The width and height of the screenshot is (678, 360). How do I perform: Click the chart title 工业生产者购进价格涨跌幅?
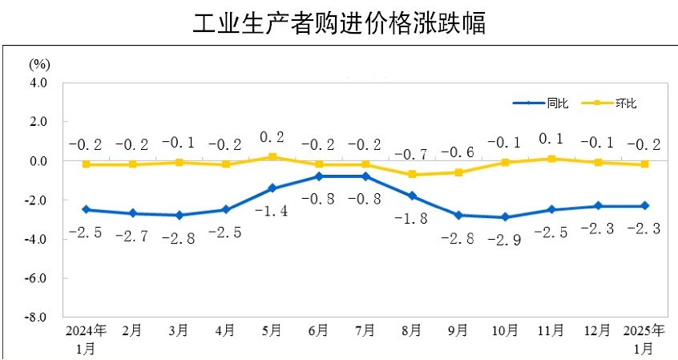[x=339, y=23]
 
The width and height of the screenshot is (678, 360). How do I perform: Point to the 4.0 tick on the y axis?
[x=38, y=83]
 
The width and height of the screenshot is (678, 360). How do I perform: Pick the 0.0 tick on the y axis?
[x=38, y=161]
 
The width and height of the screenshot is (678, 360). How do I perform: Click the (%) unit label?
[x=40, y=63]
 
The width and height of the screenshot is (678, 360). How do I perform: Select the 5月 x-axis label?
[x=272, y=330]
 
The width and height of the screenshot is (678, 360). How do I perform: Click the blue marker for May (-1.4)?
[x=272, y=188]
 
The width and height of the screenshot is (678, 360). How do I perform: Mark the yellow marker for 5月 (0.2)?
[x=272, y=157]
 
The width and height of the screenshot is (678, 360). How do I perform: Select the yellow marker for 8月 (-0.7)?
[x=412, y=175]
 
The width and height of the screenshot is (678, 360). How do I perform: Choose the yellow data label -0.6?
[x=458, y=152]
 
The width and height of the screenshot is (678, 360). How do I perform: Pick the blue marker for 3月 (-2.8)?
[x=180, y=216]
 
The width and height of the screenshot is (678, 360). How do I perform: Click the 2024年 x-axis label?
[x=86, y=330]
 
